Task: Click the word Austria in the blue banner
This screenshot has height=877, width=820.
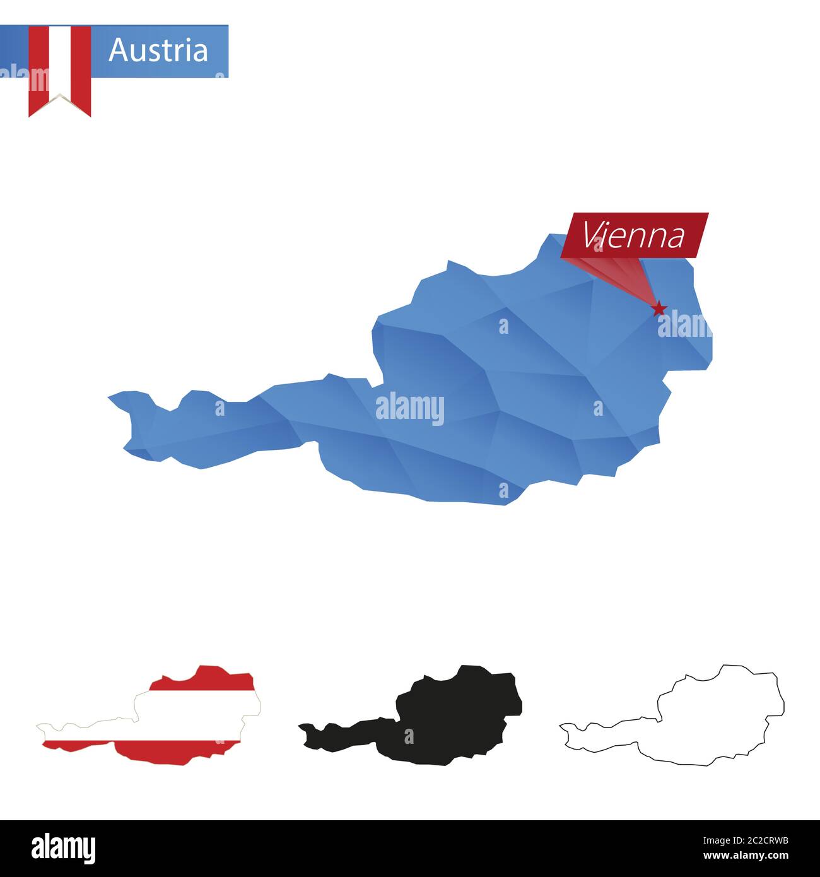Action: point(158,50)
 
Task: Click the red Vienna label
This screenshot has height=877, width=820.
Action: point(634,235)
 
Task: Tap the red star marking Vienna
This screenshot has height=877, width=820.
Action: point(659,309)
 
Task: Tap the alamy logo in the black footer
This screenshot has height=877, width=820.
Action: point(63,848)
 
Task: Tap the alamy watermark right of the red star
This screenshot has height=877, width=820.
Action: point(684,325)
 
